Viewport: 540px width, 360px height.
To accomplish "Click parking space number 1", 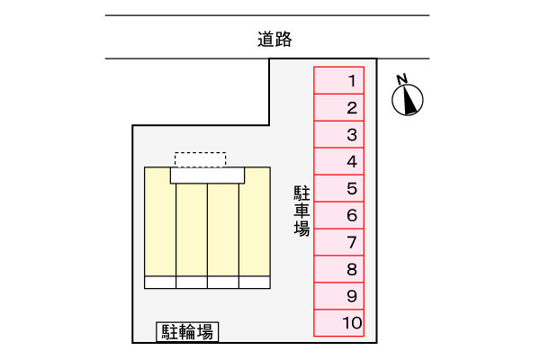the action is [339, 80].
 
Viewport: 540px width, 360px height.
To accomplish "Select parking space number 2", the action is [339, 107].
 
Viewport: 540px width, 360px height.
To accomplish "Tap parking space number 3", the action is [339, 134].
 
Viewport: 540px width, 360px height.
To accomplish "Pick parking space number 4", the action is [339, 161].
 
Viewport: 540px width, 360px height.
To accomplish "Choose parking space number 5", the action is [339, 188].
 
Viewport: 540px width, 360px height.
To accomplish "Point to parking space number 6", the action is [339, 215].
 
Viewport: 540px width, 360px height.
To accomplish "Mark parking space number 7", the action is [339, 242].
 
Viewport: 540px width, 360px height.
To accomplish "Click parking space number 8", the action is [339, 269].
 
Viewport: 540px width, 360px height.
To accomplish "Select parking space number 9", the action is [339, 296].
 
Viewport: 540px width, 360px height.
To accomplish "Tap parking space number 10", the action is [339, 323].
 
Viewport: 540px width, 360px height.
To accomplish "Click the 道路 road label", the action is [274, 39].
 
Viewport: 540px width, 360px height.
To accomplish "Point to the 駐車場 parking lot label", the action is [301, 211].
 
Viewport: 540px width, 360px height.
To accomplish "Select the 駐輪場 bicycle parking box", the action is [187, 332].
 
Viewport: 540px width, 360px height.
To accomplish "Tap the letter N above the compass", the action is [402, 79].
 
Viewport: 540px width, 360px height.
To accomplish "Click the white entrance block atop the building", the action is [207, 175].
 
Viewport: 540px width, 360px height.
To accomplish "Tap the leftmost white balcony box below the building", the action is [160, 282].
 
